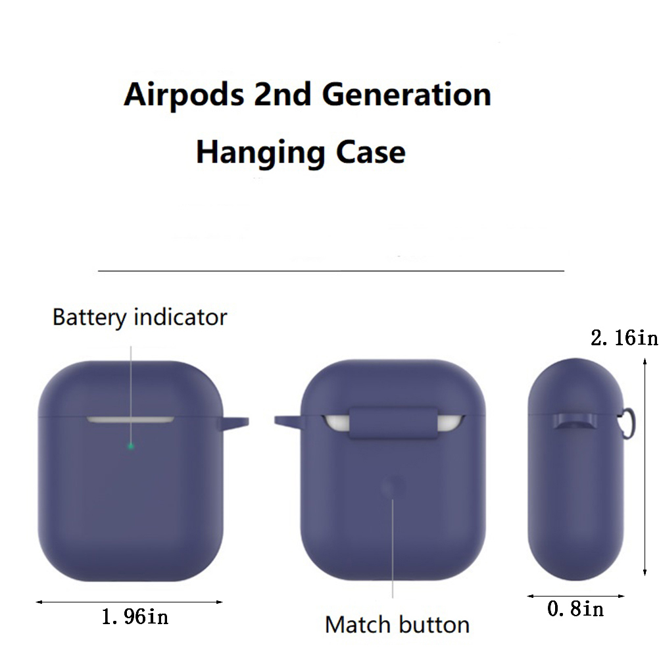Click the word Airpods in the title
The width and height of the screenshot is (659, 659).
[183, 95]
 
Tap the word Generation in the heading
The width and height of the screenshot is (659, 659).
[406, 94]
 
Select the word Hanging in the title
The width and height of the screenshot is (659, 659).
[260, 153]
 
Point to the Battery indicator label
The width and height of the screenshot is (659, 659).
[140, 317]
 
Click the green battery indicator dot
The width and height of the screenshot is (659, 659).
[131, 446]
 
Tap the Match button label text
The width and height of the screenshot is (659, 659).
[397, 625]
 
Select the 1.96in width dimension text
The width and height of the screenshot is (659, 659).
[135, 617]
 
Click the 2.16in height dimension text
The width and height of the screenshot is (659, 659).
[624, 338]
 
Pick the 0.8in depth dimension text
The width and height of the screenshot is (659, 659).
[575, 609]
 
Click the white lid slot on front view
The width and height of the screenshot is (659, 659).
[130, 420]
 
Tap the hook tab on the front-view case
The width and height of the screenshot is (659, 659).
[233, 423]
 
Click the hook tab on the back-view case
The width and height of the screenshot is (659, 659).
[289, 422]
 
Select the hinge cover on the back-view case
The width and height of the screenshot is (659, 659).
[393, 422]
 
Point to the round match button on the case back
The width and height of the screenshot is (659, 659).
[393, 488]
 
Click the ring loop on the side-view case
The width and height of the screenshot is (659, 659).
[629, 424]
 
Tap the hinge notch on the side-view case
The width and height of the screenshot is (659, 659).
[575, 422]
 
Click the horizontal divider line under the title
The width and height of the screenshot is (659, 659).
[331, 271]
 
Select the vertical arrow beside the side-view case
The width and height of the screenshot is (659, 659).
[645, 466]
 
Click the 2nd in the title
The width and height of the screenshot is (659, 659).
[282, 94]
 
